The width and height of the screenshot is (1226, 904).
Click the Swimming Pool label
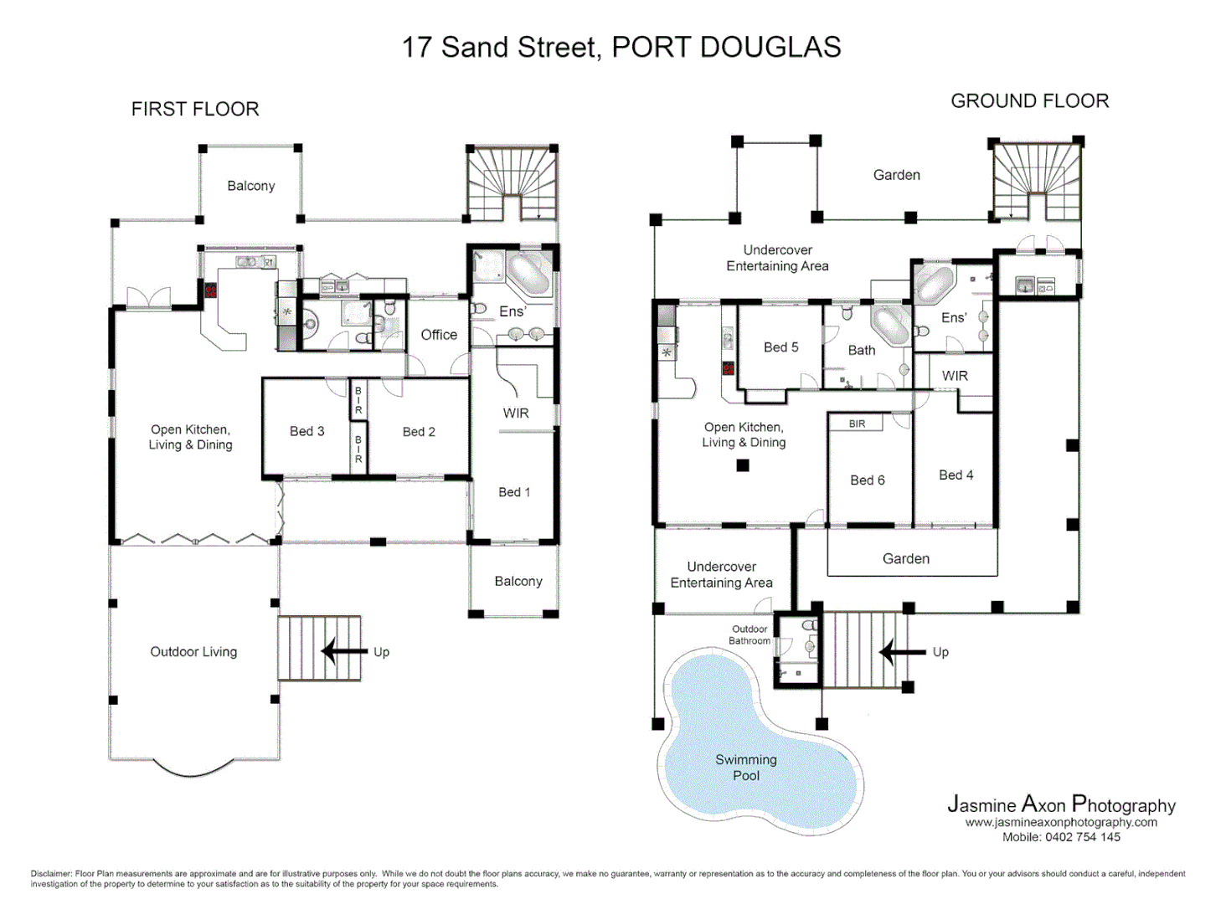[x=745, y=768]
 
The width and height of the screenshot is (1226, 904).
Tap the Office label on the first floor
[x=439, y=335]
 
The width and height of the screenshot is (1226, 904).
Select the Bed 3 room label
[x=306, y=431]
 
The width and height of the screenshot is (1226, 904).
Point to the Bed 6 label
[x=867, y=480]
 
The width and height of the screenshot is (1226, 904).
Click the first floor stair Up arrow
[x=344, y=651]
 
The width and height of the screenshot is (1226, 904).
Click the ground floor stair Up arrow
[x=902, y=651]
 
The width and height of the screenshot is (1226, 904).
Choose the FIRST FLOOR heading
[x=195, y=109]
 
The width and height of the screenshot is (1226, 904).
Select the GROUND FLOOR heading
[x=1029, y=101]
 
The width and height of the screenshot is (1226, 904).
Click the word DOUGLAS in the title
[x=770, y=48]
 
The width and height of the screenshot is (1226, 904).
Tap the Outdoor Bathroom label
[x=750, y=635]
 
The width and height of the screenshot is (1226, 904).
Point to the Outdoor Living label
[x=193, y=652]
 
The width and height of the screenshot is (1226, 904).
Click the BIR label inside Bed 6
[x=857, y=424]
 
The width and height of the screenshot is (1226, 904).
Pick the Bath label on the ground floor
[x=861, y=351]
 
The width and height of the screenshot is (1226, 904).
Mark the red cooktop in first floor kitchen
[x=210, y=290]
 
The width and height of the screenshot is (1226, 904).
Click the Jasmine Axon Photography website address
[x=1061, y=823]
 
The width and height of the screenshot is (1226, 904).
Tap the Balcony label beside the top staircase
[x=250, y=186]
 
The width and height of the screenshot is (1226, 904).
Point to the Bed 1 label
[x=514, y=492]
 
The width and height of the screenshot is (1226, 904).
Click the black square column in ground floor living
[x=743, y=465]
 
